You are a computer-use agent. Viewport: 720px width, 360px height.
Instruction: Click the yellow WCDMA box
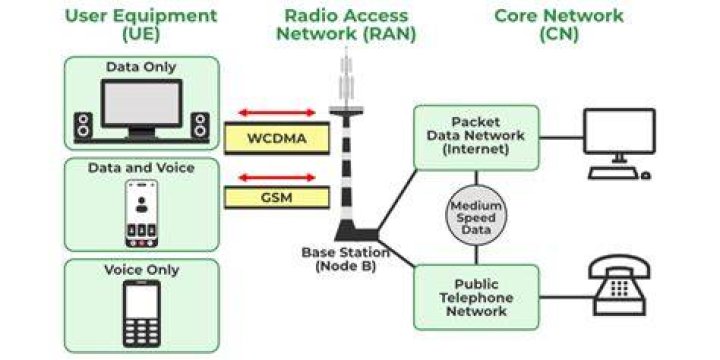point(277,138)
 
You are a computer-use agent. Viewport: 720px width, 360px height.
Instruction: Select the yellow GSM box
point(277,197)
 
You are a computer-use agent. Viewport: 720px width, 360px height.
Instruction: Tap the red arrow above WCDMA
point(277,112)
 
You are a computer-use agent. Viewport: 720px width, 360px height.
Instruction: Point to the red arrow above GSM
point(277,178)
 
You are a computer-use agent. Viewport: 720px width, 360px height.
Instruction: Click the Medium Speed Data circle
point(476,215)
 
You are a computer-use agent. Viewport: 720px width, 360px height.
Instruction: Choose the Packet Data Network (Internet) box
point(476,138)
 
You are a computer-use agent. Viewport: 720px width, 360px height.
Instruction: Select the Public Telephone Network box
point(476,297)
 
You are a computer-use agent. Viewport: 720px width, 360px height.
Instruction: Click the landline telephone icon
point(619,285)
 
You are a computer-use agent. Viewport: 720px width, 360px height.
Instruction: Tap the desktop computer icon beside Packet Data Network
point(619,144)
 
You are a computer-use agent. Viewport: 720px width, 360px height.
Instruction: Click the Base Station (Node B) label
point(345,259)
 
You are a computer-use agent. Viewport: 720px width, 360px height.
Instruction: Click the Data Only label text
point(141,67)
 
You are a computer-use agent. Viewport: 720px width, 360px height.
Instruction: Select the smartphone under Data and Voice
point(141,214)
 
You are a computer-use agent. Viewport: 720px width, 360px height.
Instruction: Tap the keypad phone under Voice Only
point(141,314)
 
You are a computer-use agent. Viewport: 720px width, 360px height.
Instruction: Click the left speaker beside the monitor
point(83,125)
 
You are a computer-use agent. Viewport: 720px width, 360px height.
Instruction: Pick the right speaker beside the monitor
point(200,125)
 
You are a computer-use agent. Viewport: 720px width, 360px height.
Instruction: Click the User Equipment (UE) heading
point(141,25)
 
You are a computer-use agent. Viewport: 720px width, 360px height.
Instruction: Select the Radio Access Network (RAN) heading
point(346,25)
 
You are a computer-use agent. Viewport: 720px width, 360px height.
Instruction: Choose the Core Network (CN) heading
point(559,25)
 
